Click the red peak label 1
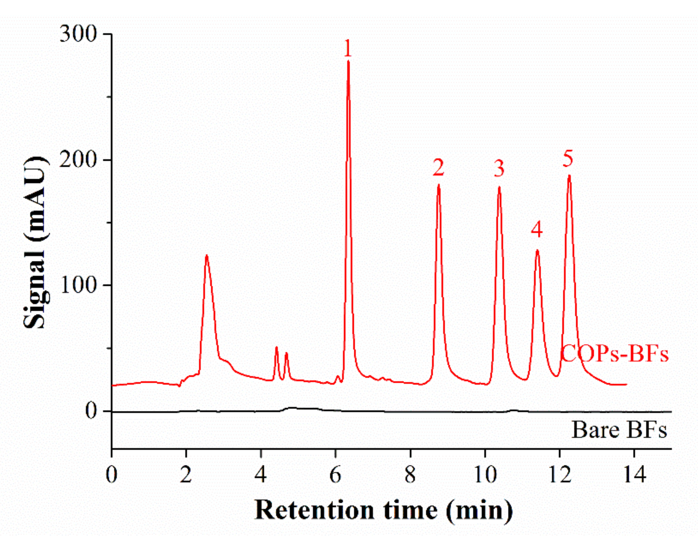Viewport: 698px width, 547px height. pyautogui.click(x=347, y=49)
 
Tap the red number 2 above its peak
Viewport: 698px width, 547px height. pyautogui.click(x=438, y=168)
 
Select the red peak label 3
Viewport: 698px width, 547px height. pyautogui.click(x=499, y=169)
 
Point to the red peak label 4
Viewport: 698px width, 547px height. pyautogui.click(x=537, y=229)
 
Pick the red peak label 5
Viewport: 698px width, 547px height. pyautogui.click(x=568, y=159)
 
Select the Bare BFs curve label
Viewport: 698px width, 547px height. pyautogui.click(x=619, y=430)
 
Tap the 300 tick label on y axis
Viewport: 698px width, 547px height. pyautogui.click(x=78, y=34)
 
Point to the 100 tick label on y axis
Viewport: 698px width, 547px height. pyautogui.click(x=78, y=285)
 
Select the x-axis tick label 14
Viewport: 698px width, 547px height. pyautogui.click(x=634, y=475)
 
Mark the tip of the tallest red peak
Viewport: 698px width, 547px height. pyautogui.click(x=348, y=61)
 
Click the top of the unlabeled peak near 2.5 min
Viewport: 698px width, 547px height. pyautogui.click(x=207, y=256)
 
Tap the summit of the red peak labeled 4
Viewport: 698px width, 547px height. pyautogui.click(x=537, y=250)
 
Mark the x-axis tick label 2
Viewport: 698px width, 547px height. pyautogui.click(x=186, y=475)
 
